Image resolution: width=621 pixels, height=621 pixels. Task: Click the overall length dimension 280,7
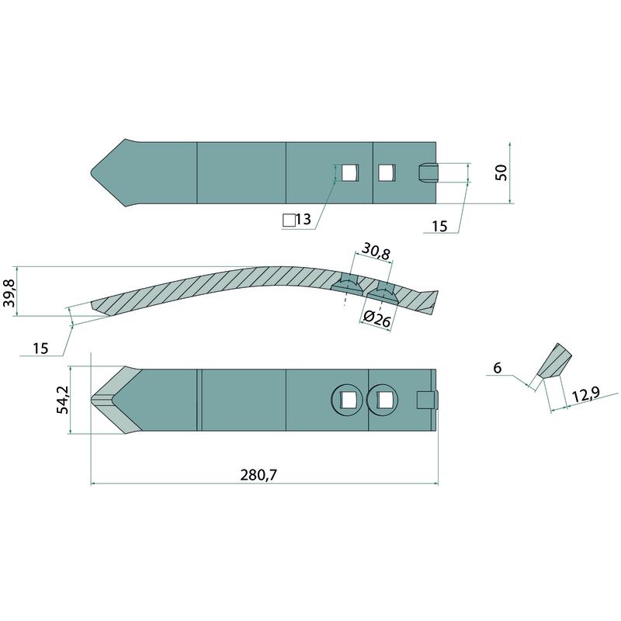pos(258,474)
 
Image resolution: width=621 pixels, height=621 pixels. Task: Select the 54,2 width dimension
pos(63,400)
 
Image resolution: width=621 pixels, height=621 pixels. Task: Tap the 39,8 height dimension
pos(9,293)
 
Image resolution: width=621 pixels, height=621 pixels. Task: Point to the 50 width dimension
pos(501,172)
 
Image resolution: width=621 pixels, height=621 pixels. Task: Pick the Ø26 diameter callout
pos(377,318)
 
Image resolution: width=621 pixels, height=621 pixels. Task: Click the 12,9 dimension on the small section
pos(585,395)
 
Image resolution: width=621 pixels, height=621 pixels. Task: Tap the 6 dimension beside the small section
pos(498,368)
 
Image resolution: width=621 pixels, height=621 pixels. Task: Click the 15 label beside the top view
pos(439,227)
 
